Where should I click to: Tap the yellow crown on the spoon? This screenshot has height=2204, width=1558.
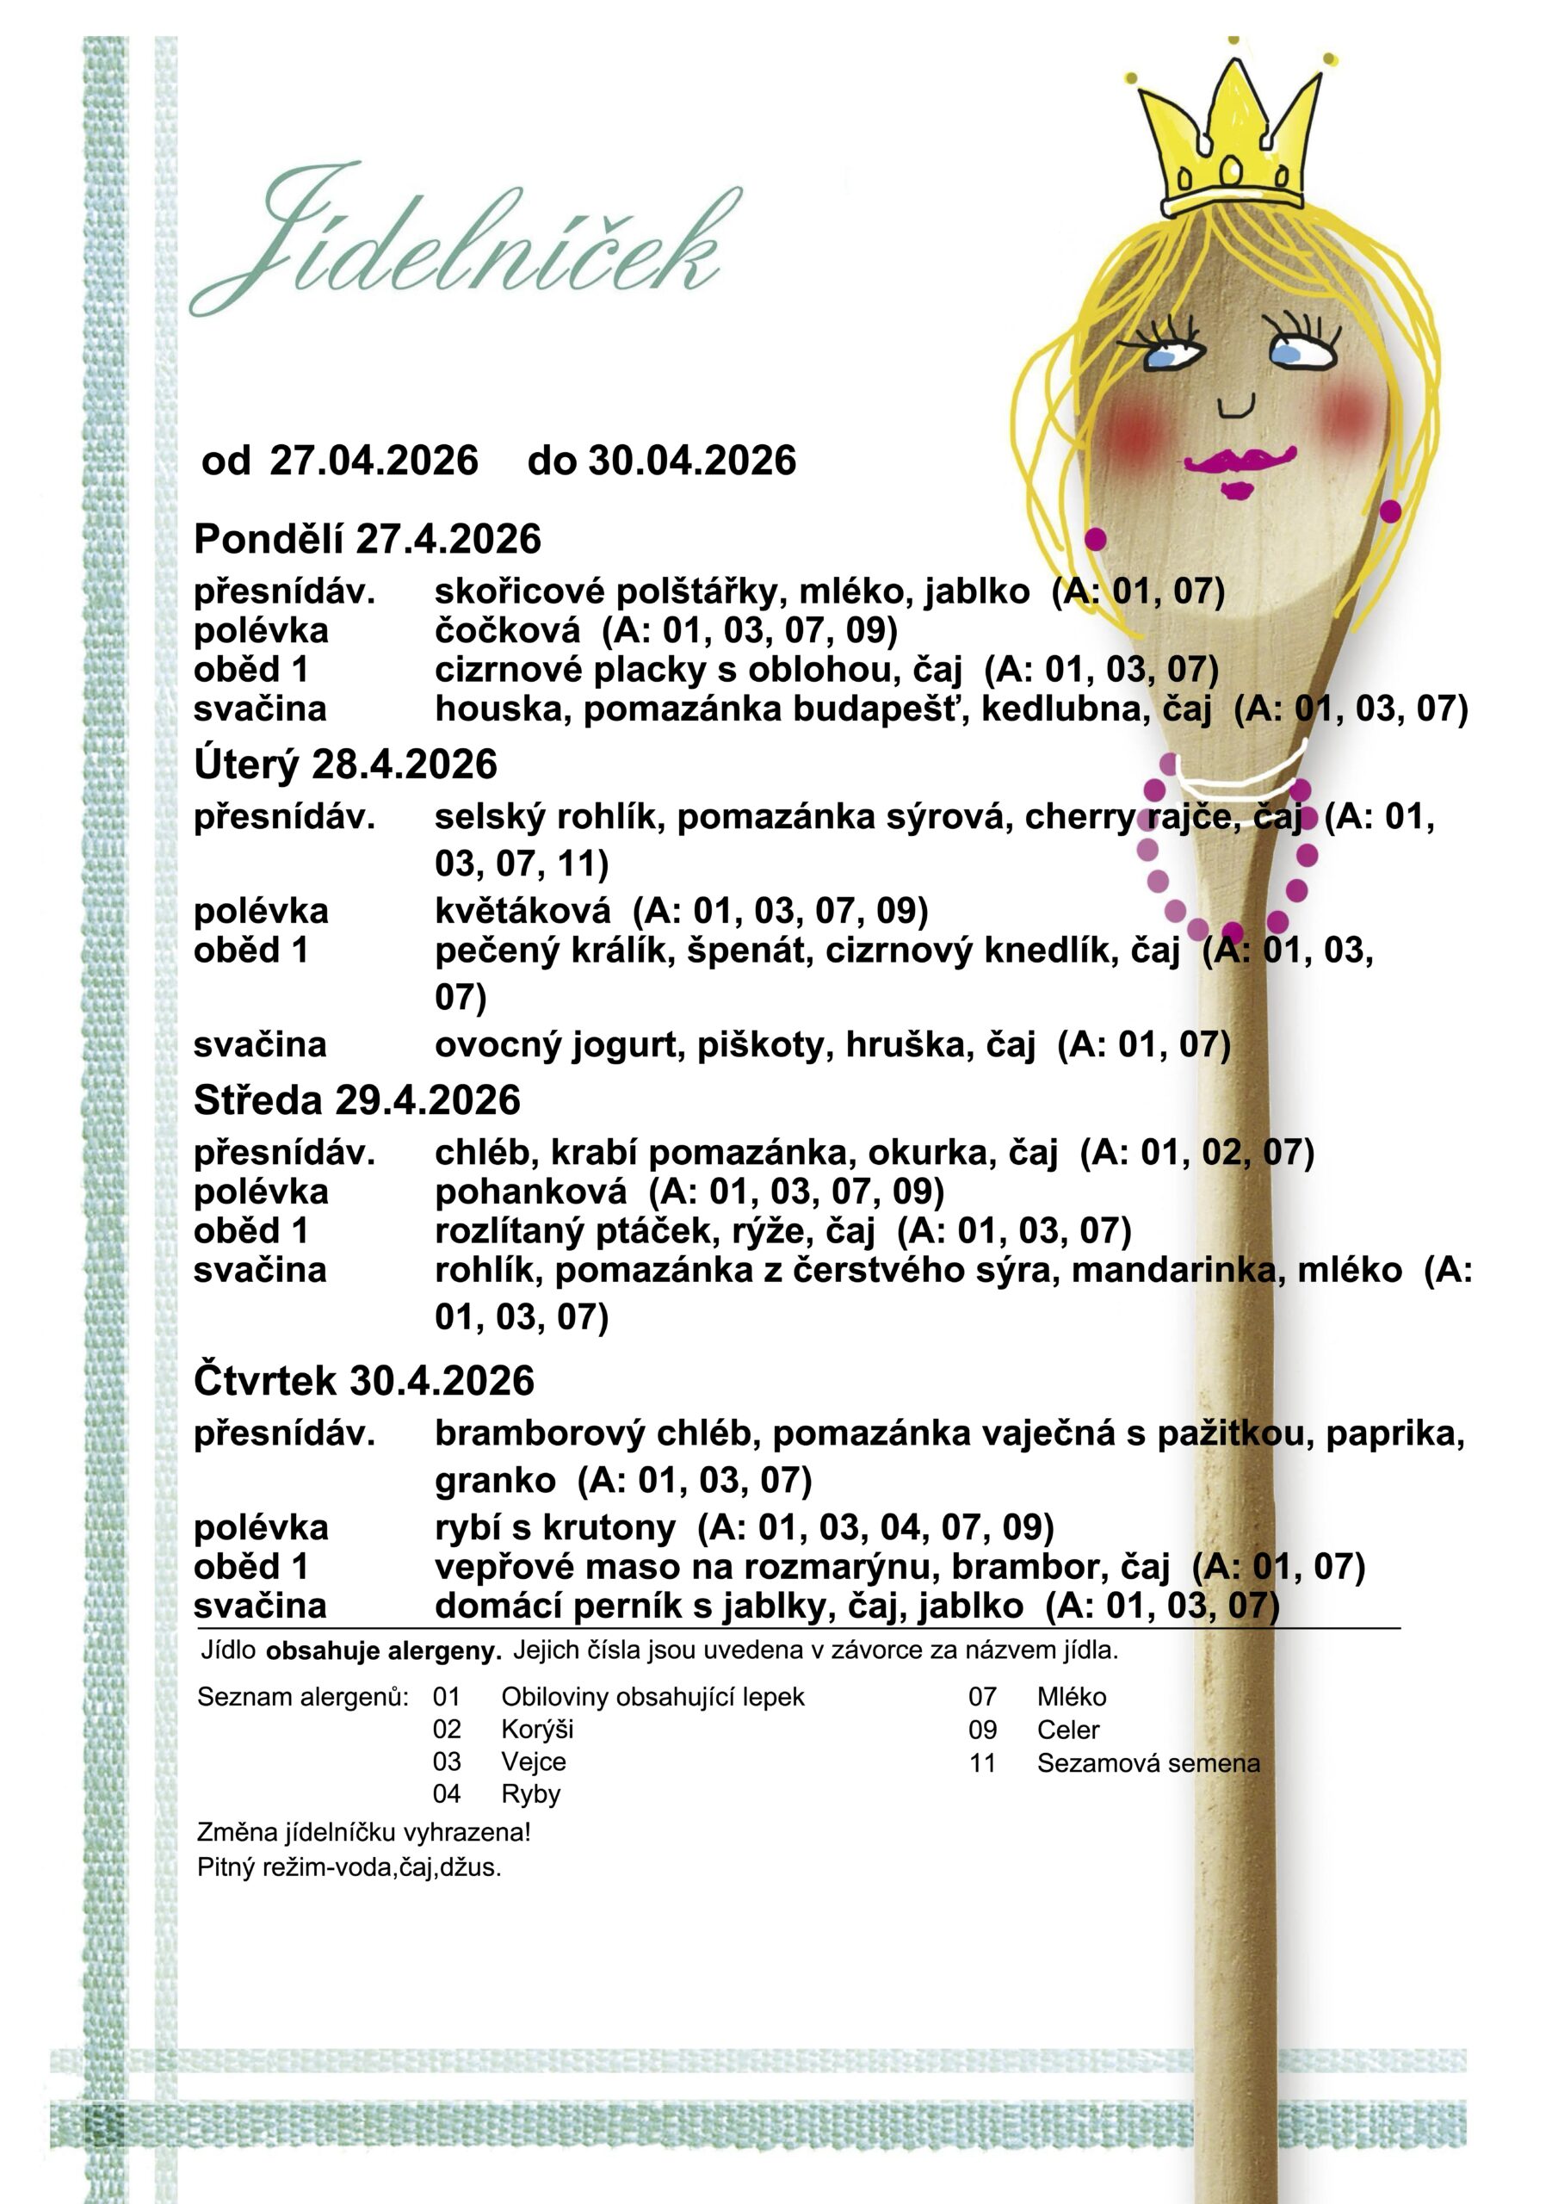(1232, 144)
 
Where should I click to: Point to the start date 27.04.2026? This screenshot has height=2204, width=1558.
(374, 461)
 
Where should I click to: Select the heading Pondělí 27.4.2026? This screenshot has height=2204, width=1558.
(368, 540)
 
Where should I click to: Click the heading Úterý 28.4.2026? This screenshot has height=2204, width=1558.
(345, 765)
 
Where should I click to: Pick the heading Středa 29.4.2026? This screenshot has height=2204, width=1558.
(357, 1100)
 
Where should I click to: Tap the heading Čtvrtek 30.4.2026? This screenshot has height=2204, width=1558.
(364, 1380)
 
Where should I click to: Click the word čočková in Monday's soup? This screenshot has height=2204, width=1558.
(508, 631)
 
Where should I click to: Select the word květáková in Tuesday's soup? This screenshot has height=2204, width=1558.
(522, 910)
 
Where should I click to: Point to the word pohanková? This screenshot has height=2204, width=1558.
(531, 1192)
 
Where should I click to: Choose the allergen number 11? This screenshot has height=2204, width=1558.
(982, 1762)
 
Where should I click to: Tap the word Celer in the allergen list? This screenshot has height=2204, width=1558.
(1067, 1730)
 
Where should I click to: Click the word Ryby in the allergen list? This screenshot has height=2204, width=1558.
(530, 1793)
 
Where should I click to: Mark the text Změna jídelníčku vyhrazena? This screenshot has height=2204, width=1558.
(364, 1831)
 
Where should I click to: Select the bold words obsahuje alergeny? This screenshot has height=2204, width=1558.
(384, 1652)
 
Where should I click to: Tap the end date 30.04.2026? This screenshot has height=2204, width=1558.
(692, 461)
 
